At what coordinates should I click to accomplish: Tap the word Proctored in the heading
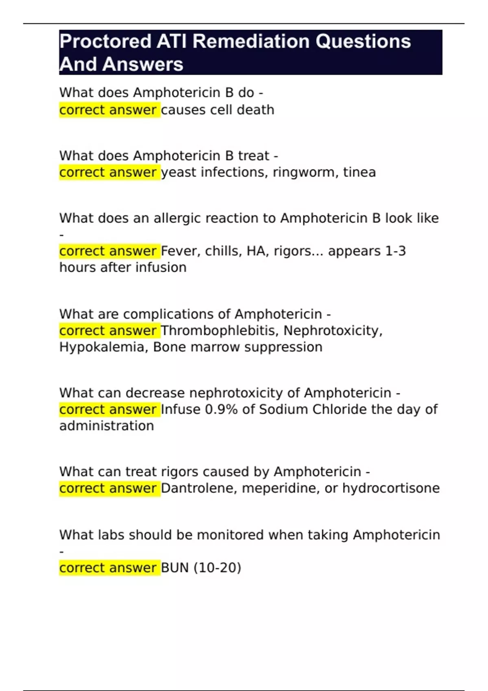[x=105, y=41]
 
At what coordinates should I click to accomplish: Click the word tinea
[x=359, y=172]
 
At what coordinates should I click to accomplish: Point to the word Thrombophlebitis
[x=220, y=331]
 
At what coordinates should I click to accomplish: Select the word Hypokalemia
[x=104, y=347]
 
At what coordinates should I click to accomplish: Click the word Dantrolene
[x=199, y=488]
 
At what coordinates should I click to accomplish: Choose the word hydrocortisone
[x=391, y=488]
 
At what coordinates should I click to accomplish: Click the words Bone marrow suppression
[x=238, y=347]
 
